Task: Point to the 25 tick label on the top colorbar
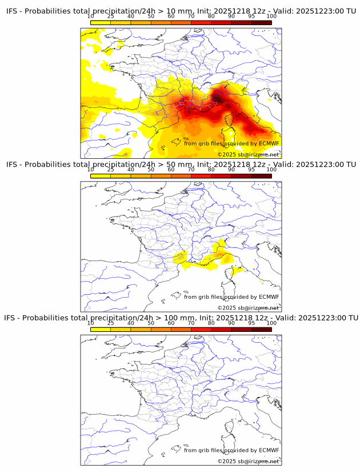(110, 17)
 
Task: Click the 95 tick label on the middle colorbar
(251, 170)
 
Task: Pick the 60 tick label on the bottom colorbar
(171, 323)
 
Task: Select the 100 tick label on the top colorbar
(271, 17)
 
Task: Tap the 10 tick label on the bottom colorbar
(91, 323)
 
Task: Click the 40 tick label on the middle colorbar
(131, 170)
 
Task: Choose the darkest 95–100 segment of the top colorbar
(261, 22)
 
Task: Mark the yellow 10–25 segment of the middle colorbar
(101, 175)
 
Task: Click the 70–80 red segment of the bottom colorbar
(201, 328)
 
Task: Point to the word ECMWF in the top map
(269, 143)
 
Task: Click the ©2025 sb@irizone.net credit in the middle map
(249, 308)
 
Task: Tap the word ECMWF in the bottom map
(269, 450)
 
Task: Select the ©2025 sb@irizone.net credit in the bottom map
(249, 461)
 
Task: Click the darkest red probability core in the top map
(218, 98)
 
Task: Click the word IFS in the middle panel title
(13, 165)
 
